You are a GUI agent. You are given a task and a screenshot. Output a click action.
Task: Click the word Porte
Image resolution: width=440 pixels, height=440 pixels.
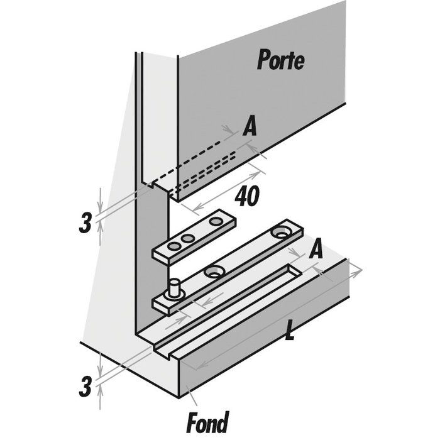tap(280, 61)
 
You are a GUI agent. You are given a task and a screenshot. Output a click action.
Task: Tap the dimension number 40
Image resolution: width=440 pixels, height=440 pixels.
tap(247, 197)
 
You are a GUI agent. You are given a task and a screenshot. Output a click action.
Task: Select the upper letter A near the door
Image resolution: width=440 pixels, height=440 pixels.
tap(250, 128)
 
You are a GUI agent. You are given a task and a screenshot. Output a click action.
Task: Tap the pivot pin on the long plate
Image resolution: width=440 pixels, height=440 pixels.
tap(173, 291)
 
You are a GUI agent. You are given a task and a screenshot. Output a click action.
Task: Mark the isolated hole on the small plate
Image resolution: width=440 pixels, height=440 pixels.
tap(217, 221)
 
